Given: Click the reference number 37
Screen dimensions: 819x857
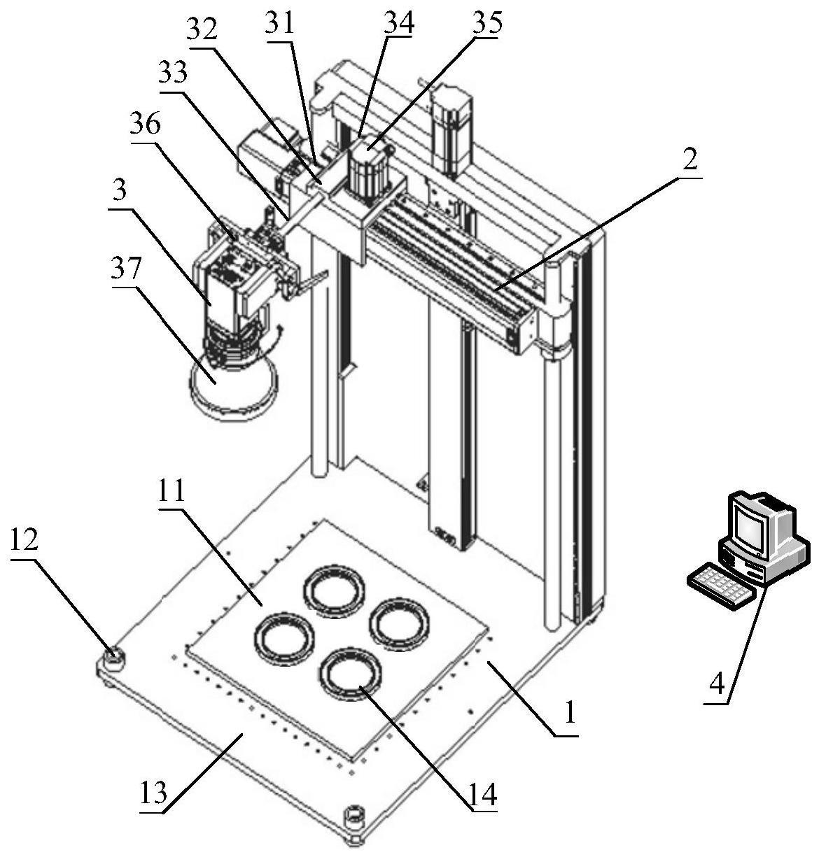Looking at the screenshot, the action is (x=126, y=268).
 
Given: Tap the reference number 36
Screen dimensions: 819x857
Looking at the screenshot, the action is (x=145, y=124).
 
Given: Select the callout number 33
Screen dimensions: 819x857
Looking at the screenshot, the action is (x=173, y=72).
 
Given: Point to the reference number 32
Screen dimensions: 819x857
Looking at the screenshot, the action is (x=202, y=29).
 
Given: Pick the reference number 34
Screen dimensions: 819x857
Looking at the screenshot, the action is (x=399, y=22).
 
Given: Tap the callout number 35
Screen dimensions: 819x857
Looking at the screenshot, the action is (x=487, y=22).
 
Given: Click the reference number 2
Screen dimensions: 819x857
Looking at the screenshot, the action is (x=690, y=160).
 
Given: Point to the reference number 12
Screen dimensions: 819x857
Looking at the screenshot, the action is (x=24, y=540).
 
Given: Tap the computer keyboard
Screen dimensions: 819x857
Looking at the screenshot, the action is (x=721, y=586).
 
